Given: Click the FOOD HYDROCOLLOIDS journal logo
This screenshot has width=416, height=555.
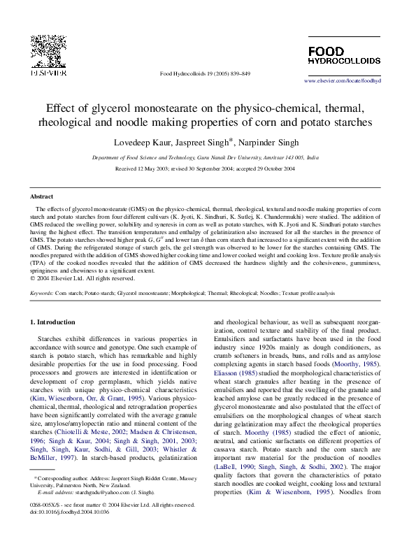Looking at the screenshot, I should (344, 56).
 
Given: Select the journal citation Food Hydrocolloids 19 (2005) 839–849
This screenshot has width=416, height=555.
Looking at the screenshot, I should (205, 73).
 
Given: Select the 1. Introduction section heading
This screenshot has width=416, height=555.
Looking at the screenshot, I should (55, 322).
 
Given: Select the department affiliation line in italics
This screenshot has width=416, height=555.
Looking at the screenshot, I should (206, 159).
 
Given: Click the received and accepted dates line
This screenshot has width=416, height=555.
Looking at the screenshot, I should (206, 169).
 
